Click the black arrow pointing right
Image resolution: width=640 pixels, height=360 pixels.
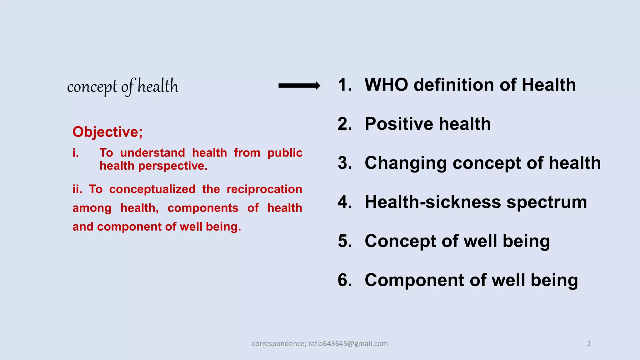pyautogui.click(x=299, y=86)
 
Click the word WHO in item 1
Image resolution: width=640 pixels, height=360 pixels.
pyautogui.click(x=386, y=85)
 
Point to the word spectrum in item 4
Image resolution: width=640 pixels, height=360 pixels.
pyautogui.click(x=547, y=202)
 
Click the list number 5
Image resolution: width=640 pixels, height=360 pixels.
pyautogui.click(x=344, y=241)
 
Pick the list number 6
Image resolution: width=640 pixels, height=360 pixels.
pyautogui.click(x=344, y=280)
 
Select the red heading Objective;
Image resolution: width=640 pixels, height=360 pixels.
pyautogui.click(x=107, y=132)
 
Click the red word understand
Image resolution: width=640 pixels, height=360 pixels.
pyautogui.click(x=152, y=153)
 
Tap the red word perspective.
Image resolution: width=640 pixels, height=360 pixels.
pyautogui.click(x=173, y=166)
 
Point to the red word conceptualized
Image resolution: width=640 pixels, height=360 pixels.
pyautogui.click(x=152, y=189)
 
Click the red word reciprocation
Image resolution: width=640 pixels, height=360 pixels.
pyautogui.click(x=264, y=189)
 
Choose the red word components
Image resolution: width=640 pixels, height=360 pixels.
pyautogui.click(x=203, y=208)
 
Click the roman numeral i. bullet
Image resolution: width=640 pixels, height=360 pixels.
pyautogui.click(x=76, y=153)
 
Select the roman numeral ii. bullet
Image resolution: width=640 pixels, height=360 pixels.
pyautogui.click(x=77, y=189)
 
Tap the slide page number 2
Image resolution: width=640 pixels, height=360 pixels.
pyautogui.click(x=589, y=344)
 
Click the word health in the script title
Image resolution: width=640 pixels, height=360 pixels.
pyautogui.click(x=158, y=86)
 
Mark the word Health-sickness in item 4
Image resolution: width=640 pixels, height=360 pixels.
pyautogui.click(x=432, y=202)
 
